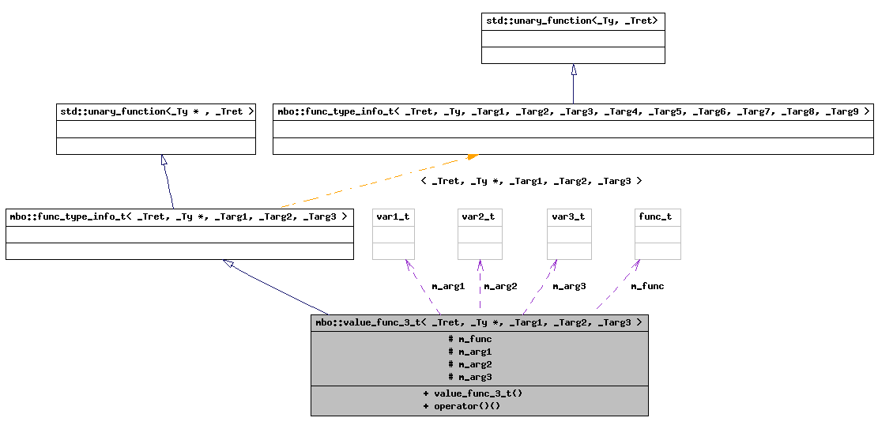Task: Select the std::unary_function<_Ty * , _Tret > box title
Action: [156, 111]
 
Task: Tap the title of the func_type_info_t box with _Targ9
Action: [573, 111]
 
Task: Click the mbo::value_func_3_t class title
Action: [479, 322]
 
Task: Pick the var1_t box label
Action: [393, 216]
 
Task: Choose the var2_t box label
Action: [480, 216]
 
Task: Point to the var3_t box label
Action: [569, 216]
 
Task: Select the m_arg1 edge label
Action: [448, 286]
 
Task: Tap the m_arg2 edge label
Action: [500, 286]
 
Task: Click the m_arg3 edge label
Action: [569, 286]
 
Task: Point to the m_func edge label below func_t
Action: [647, 286]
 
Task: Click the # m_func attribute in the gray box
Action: [470, 339]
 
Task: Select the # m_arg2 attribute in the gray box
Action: [470, 364]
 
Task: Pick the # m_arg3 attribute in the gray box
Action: [470, 377]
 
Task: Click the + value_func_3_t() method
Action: [473, 393]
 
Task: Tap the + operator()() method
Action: [462, 406]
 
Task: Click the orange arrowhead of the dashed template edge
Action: [472, 157]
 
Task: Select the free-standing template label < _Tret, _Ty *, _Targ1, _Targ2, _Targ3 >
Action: [530, 181]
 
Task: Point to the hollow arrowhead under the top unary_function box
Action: [574, 70]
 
